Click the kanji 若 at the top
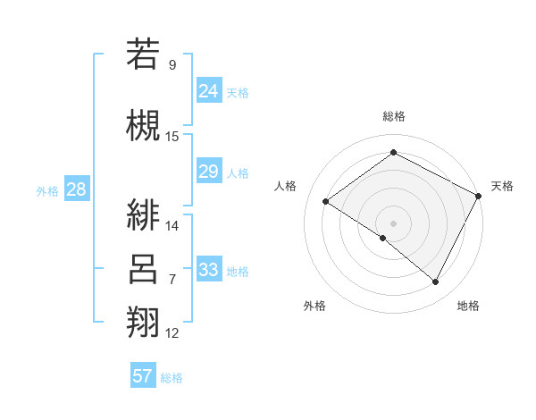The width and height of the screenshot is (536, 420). (143, 55)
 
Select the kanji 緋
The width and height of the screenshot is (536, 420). (143, 214)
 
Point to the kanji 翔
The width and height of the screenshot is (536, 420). (143, 321)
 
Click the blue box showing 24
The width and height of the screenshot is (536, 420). (209, 90)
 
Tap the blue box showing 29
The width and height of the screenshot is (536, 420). (209, 172)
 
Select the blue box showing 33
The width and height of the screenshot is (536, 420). (209, 270)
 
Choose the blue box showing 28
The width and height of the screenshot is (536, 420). (76, 189)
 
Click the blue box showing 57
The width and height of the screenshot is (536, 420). (143, 376)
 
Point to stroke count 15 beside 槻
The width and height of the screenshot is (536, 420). (172, 136)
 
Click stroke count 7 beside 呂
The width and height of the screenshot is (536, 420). (172, 280)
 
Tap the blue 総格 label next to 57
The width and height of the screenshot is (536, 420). (172, 378)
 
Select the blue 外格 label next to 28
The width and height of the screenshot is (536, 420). (47, 190)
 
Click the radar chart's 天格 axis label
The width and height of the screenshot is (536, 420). (502, 186)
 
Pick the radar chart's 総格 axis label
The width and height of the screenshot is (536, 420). (393, 116)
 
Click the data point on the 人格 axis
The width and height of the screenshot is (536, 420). (326, 201)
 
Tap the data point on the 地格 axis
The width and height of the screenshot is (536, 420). (436, 282)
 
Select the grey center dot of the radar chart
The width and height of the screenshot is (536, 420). (393, 223)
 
